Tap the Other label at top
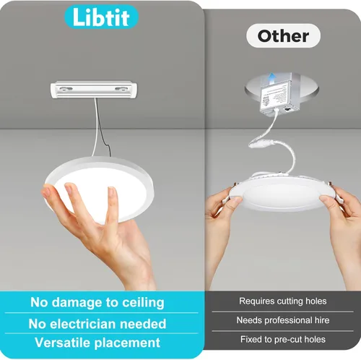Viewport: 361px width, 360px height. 283,35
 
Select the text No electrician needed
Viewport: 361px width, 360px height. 97,322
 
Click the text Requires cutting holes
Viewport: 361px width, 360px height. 283,301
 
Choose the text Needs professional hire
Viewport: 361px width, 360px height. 283,320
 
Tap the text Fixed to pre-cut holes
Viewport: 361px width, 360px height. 283,339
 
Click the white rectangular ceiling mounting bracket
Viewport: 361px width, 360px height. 93,89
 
